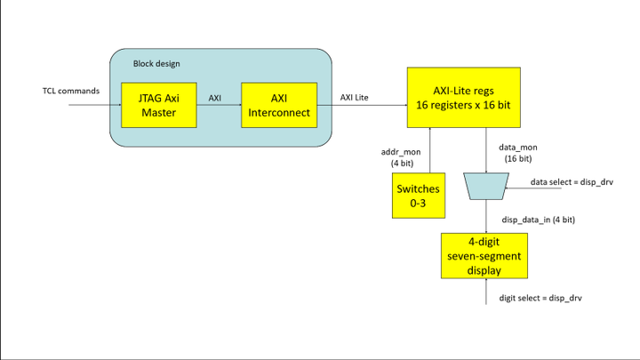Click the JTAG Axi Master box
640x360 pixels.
pos(159,105)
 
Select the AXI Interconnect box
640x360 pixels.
pos(279,105)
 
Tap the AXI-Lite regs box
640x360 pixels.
pos(464,98)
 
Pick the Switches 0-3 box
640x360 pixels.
pos(419,196)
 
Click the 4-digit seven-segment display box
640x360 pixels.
pos(484,256)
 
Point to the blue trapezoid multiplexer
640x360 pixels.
pos(486,186)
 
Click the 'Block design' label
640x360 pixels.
pos(156,64)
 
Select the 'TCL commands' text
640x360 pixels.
pos(71,91)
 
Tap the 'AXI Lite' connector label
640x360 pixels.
pos(355,98)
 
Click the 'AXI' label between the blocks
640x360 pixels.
pos(215,98)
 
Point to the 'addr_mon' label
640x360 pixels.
pos(401,152)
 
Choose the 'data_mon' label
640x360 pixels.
pos(518,148)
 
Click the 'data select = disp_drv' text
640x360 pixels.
pos(572,182)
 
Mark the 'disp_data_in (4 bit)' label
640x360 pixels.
pos(539,220)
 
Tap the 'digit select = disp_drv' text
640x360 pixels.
pos(540,298)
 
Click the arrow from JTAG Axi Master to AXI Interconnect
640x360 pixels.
pos(219,105)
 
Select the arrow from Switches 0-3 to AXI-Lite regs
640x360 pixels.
pos(430,150)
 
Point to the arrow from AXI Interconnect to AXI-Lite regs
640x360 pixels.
pos(362,105)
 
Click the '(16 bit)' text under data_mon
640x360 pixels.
pos(518,158)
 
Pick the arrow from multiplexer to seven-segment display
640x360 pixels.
pos(486,216)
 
